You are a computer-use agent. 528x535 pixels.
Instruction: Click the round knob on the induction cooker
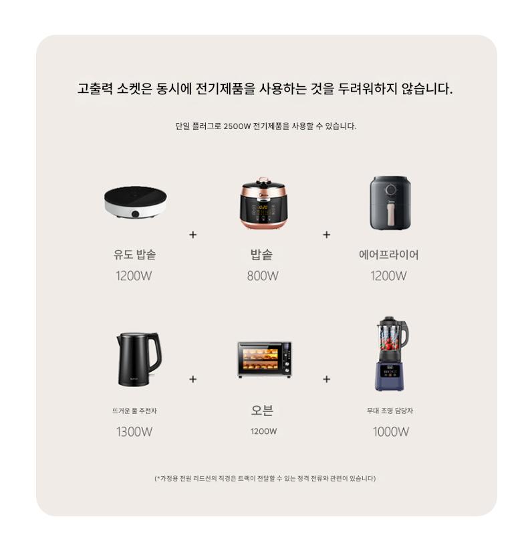coord(136,214)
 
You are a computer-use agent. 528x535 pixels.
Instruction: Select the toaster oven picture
coord(265,359)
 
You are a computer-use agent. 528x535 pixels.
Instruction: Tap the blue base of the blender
coord(390,376)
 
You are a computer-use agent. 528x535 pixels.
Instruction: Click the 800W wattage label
coord(263,276)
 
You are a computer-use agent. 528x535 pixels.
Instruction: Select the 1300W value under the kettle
coord(134,431)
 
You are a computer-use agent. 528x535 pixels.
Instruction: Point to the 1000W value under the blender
coord(391,431)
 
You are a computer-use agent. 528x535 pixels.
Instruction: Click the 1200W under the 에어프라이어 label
coord(388,276)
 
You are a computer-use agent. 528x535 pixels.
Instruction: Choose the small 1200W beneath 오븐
coord(263,431)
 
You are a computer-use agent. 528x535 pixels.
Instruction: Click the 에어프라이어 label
coord(388,255)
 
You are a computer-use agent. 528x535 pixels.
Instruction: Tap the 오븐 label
coord(262,410)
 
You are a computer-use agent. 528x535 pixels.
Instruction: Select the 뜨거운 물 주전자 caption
coord(134,411)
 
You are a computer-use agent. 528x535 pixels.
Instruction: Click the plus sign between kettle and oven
coord(193,379)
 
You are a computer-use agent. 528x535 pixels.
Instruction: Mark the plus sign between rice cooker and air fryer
coord(327,235)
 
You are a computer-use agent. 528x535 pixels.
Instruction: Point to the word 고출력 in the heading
coord(95,89)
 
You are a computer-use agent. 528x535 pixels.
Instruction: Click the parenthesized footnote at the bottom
coord(265,478)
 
